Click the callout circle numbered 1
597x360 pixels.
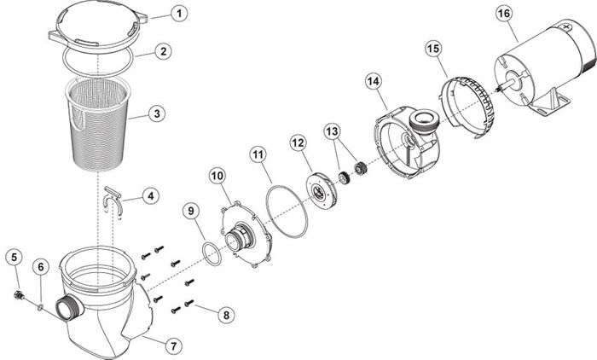(179, 15)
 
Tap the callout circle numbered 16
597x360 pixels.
(503, 15)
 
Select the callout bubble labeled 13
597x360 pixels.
(332, 132)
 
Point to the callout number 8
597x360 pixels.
(227, 315)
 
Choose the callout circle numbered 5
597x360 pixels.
(14, 258)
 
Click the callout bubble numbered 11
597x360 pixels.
(258, 154)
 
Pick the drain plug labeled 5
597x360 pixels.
(18, 295)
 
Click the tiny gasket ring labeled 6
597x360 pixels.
(40, 307)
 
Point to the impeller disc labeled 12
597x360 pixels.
(321, 190)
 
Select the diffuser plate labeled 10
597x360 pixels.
(246, 235)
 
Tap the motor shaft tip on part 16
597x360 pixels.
(499, 90)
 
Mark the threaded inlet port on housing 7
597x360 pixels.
(70, 308)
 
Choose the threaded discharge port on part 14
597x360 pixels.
(424, 121)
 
